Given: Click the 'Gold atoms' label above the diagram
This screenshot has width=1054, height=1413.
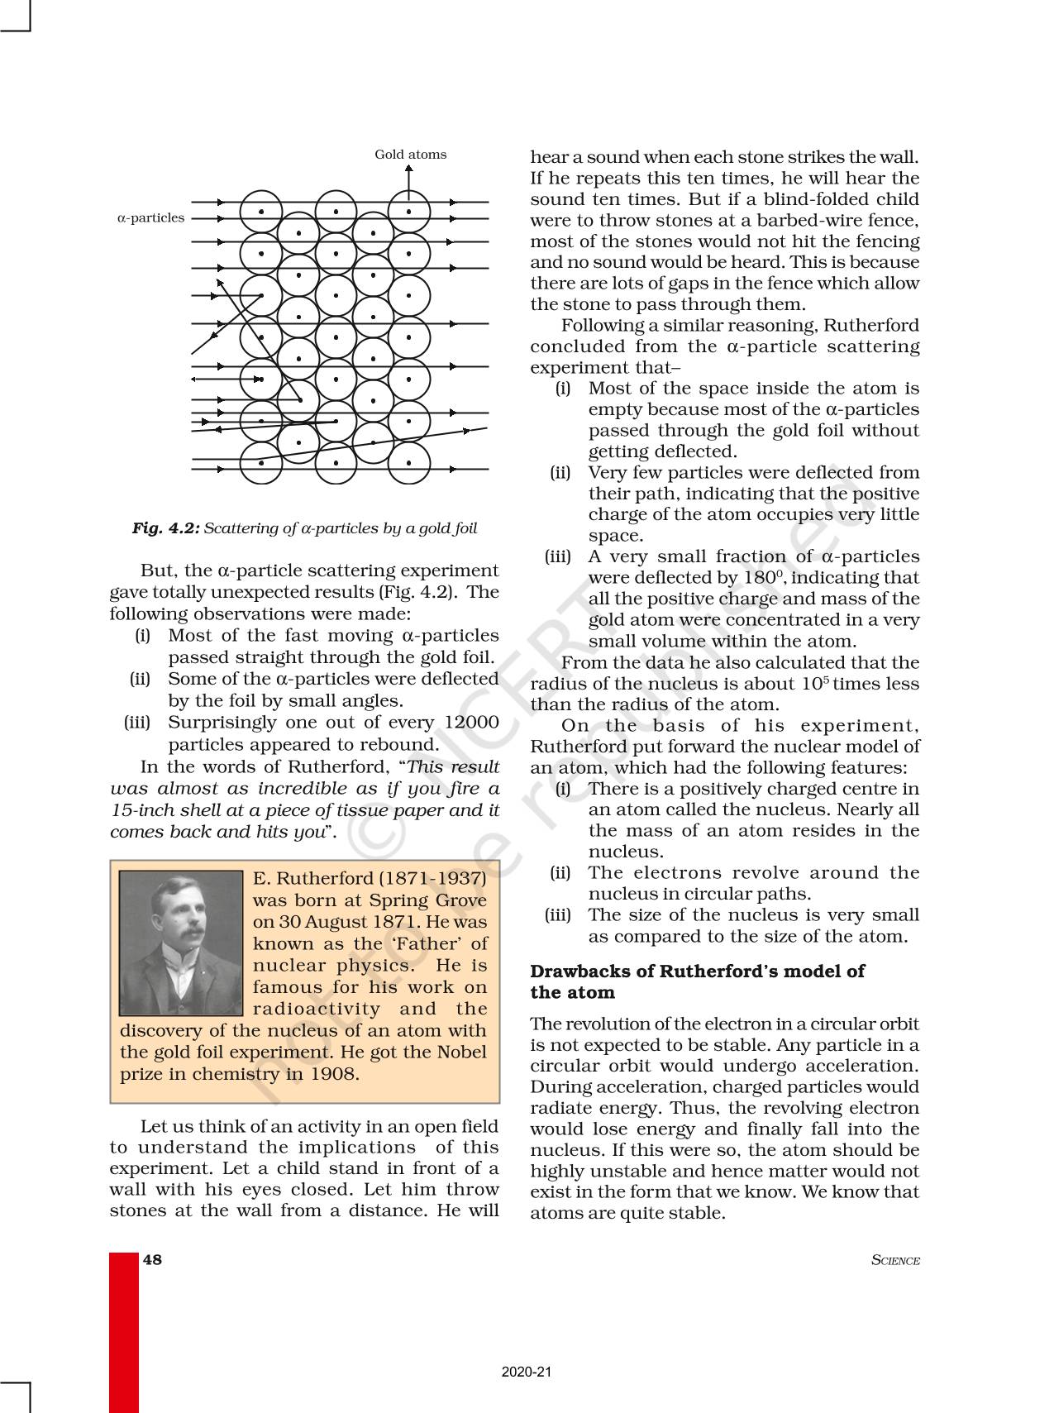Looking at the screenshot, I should click(410, 155).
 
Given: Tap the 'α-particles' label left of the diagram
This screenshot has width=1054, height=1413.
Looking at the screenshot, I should click(150, 218).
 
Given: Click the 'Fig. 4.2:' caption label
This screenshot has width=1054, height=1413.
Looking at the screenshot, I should click(165, 527).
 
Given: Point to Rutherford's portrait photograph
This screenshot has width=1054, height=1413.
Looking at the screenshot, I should click(181, 943).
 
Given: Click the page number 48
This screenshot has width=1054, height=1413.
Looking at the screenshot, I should click(153, 1260).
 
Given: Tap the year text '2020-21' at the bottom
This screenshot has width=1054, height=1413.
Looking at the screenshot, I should click(527, 1372).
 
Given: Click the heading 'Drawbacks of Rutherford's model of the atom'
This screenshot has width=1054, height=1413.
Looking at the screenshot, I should click(697, 981).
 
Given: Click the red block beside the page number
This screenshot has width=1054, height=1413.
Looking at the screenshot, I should click(124, 1331).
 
